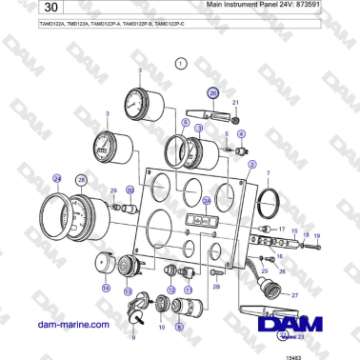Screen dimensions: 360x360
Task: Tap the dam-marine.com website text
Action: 68,325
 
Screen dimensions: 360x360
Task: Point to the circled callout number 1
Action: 181,63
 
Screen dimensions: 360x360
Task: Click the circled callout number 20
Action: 213,92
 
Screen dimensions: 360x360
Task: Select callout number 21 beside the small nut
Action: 236,101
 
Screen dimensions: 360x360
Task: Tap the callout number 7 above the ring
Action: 268,174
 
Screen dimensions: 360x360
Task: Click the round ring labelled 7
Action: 270,203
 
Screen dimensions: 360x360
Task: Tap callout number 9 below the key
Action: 133,337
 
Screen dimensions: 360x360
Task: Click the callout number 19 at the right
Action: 317,235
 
